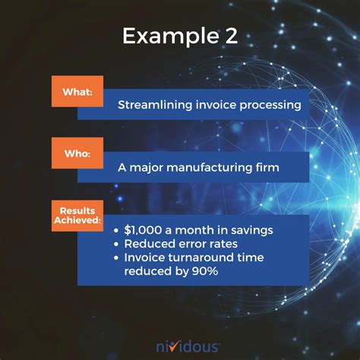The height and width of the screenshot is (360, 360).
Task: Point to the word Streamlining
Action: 153,106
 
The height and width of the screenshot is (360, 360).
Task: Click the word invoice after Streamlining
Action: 213,106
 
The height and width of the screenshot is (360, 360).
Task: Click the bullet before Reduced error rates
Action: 116,244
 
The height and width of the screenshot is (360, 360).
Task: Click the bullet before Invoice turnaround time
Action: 116,258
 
